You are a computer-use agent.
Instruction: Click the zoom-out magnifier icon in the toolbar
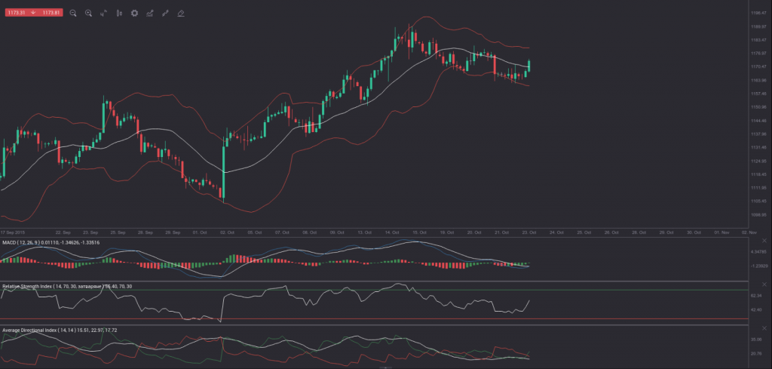[73, 13]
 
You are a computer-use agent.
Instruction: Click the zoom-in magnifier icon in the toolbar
[88, 13]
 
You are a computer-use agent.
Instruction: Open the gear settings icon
[134, 13]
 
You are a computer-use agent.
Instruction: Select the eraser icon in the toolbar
[181, 13]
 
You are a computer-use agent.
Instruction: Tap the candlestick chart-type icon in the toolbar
[119, 13]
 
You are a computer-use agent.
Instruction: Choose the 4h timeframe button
[103, 13]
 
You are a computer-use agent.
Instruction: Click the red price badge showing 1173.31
[17, 13]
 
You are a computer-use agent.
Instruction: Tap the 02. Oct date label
[225, 232]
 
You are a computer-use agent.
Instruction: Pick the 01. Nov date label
[721, 232]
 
